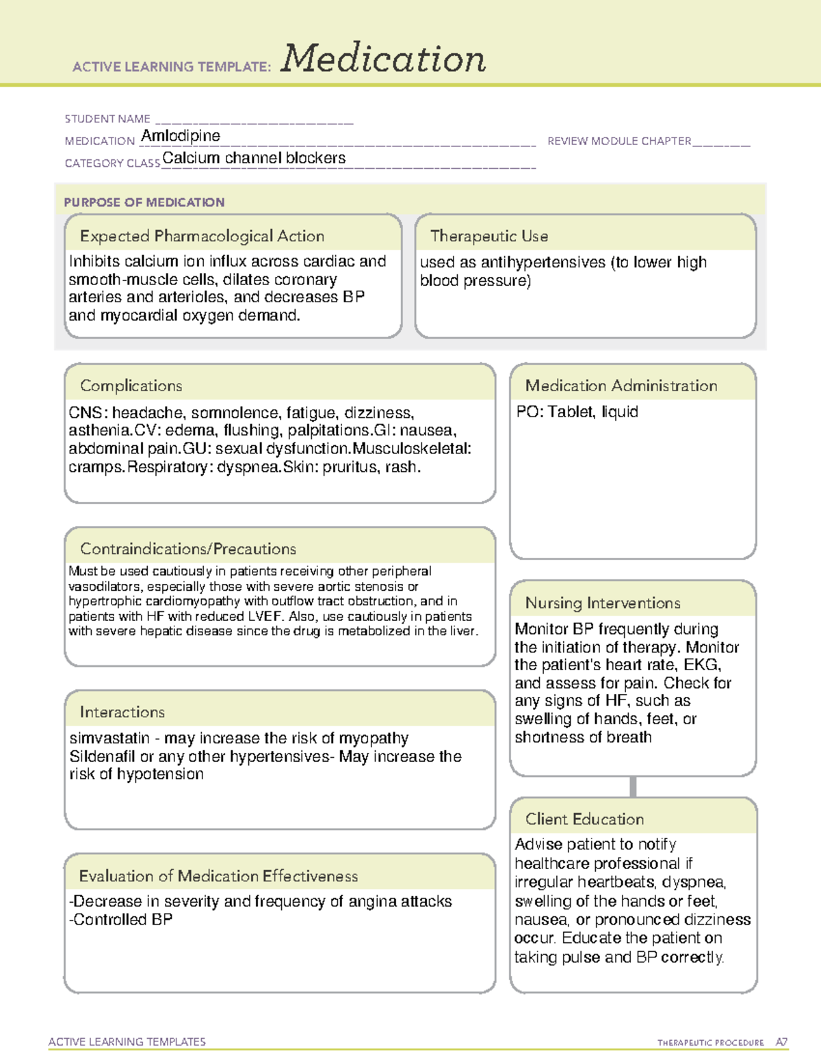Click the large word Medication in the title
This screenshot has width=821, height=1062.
coord(383,59)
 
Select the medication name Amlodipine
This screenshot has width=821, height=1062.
coord(181,136)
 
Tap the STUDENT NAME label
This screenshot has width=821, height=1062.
coord(107,119)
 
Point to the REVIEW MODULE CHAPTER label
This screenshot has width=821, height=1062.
coord(619,141)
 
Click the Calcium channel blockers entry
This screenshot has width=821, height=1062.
coord(254,158)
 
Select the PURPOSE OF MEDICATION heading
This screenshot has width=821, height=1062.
coord(144,202)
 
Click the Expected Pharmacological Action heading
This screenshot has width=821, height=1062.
coord(202,236)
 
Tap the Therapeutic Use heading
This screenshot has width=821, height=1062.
coord(488,236)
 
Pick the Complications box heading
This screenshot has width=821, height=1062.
coord(131,386)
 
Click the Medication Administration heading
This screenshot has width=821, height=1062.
coord(621,386)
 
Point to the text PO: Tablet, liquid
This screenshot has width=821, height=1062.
coord(577,412)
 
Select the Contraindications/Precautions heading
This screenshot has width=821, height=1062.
coord(187,548)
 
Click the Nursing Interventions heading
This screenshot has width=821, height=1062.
coord(602,602)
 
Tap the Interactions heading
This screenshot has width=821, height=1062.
coord(122,712)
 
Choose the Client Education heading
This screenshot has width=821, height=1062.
coord(584,819)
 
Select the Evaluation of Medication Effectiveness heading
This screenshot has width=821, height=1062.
coord(218,876)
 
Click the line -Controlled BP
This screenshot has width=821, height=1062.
coord(120,920)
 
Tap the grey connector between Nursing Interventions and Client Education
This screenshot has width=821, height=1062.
coord(633,786)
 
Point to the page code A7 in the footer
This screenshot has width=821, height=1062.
coord(781,1042)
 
